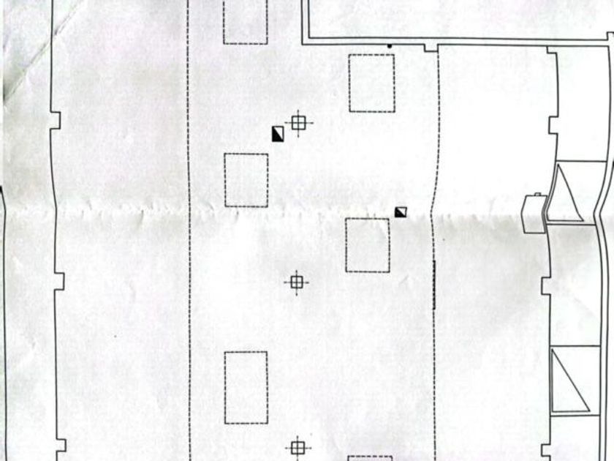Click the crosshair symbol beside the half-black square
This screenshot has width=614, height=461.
[297, 123]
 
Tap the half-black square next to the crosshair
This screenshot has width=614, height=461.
[278, 134]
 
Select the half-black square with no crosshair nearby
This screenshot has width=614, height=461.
[401, 212]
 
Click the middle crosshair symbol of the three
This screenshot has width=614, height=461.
[296, 282]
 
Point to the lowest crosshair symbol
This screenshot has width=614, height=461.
[297, 447]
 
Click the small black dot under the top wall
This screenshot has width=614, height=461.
[390, 47]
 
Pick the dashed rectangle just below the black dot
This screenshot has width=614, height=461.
[371, 83]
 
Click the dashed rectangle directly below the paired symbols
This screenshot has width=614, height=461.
[246, 180]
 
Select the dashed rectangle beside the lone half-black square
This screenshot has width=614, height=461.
[368, 245]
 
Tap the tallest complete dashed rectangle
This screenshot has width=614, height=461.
[246, 387]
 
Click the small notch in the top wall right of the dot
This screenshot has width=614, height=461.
[431, 48]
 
